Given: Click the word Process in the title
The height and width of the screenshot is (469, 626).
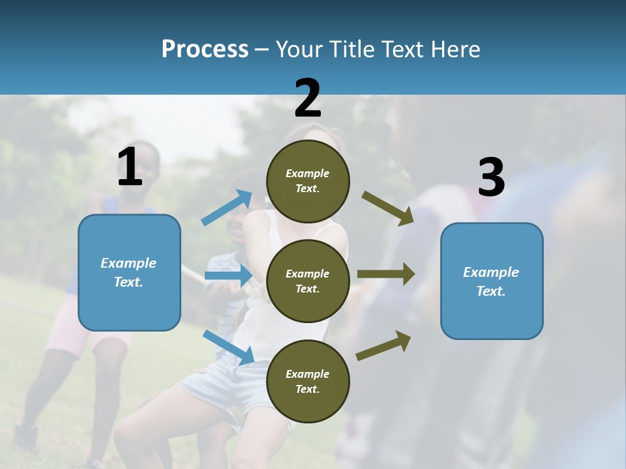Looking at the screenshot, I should pos(205,50).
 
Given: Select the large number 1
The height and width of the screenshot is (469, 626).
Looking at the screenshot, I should pos(130,167).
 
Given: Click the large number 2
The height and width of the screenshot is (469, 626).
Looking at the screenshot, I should pos(308,98).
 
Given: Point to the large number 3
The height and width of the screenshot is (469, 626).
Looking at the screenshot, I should pos(491,178).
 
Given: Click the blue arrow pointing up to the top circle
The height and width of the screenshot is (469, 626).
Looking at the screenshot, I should pos(227,208).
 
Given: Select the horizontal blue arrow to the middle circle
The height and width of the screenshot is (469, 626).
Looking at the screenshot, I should pos(228,276).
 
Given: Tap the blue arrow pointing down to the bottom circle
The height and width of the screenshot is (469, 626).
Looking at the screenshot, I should pos(228,347).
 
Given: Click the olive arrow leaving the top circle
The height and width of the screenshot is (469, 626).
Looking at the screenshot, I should pos(388,208).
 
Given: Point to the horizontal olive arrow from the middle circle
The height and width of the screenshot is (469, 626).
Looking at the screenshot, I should pos(386,274).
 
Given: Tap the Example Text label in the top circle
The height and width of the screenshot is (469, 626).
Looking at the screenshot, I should pos(308,181).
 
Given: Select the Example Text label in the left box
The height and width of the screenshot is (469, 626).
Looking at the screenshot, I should pos(128,272).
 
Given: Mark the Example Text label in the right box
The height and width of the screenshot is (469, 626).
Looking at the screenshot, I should pos(491,281).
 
